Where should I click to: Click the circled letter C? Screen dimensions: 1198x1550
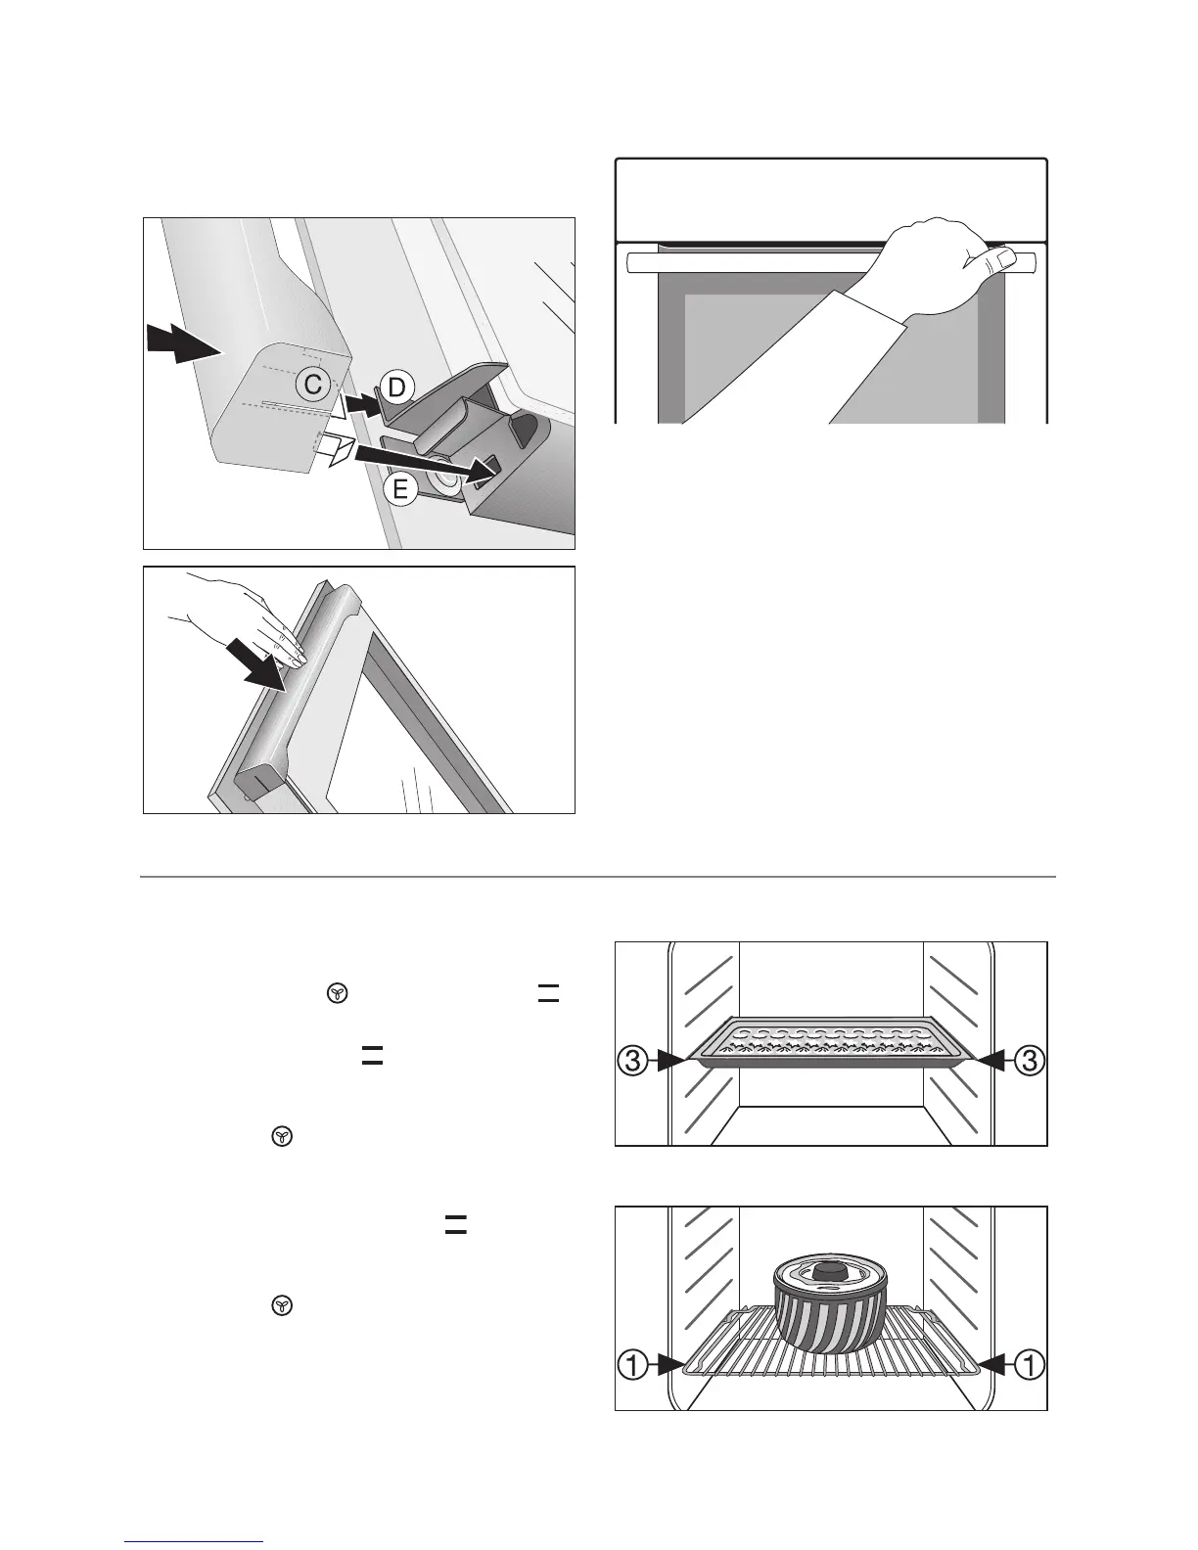click(312, 386)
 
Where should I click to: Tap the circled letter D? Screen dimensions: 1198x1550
click(395, 388)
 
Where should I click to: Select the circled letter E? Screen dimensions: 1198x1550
click(400, 489)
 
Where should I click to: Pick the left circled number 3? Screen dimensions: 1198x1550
click(633, 1059)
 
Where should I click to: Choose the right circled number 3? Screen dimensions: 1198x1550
click(1029, 1059)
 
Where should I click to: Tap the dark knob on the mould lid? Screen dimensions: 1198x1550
click(831, 1270)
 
